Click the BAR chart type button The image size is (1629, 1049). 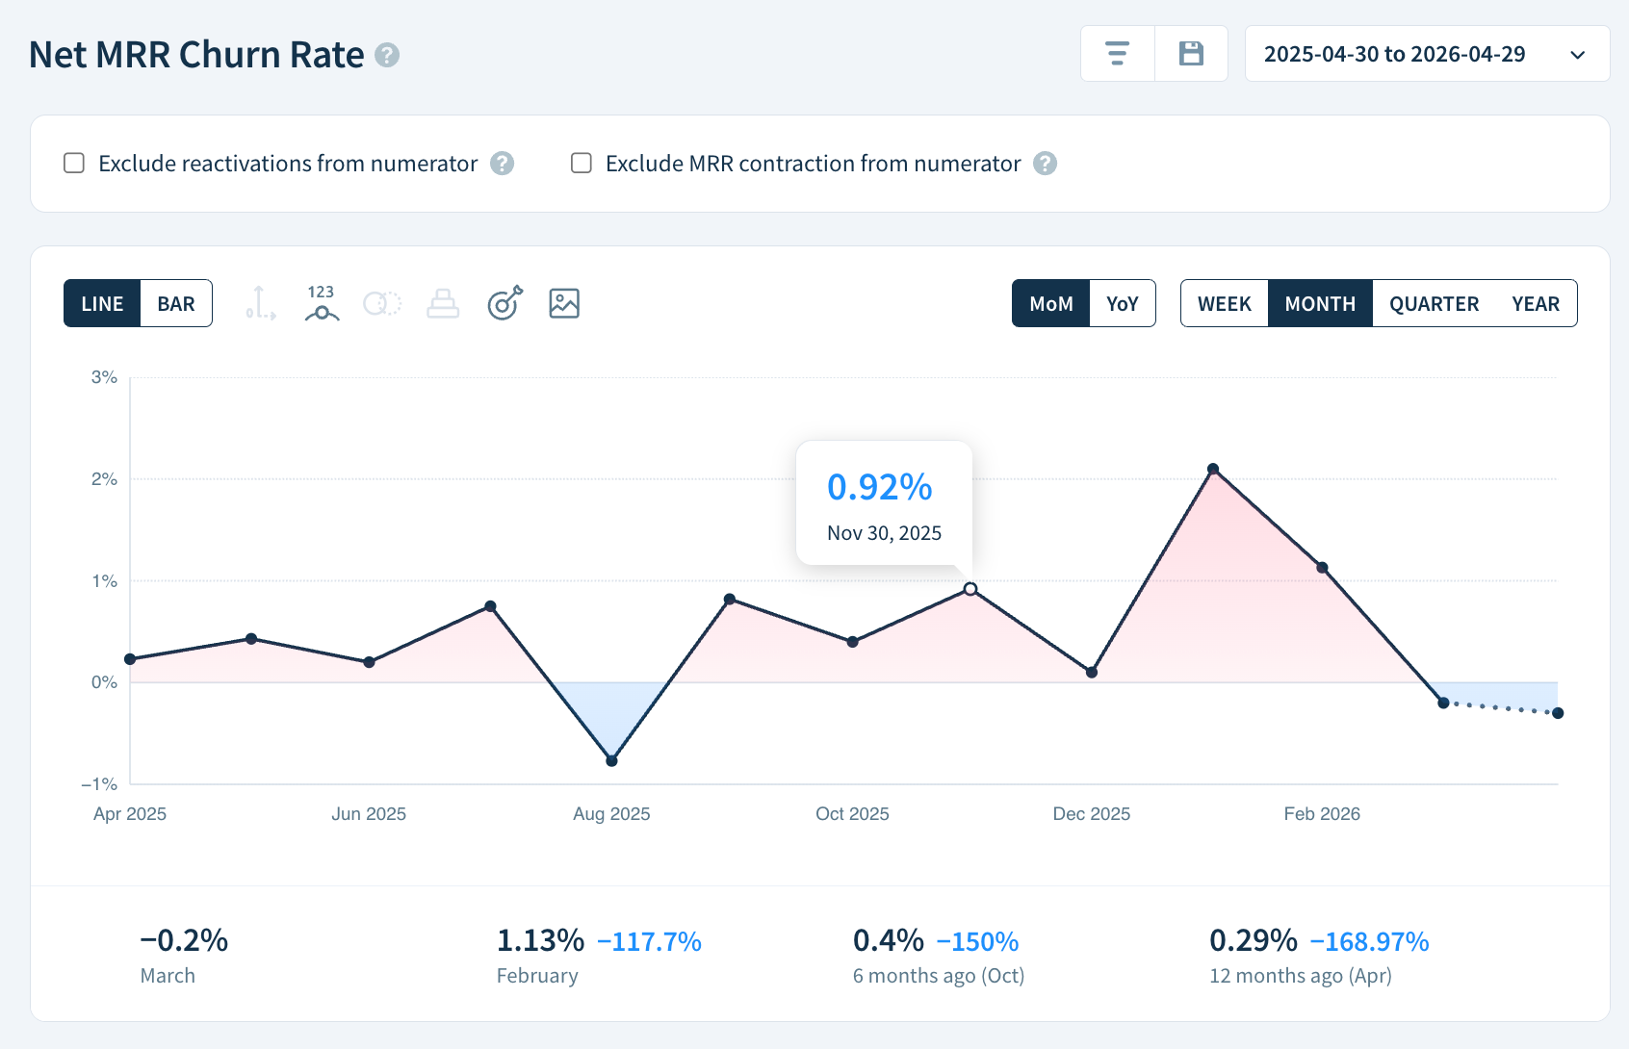pyautogui.click(x=176, y=304)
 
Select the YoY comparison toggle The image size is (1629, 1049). pyautogui.click(x=1122, y=304)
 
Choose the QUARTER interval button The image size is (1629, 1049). pyautogui.click(x=1433, y=304)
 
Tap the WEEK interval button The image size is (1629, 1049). pyautogui.click(x=1224, y=304)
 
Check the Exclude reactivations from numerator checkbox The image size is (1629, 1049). pyautogui.click(x=74, y=163)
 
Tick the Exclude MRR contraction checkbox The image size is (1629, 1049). pyautogui.click(x=582, y=163)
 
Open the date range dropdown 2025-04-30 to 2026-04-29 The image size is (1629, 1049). pyautogui.click(x=1426, y=54)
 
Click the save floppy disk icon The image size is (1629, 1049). pyautogui.click(x=1191, y=54)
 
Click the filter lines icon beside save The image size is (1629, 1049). pyautogui.click(x=1117, y=54)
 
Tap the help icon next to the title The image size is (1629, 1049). pyautogui.click(x=387, y=55)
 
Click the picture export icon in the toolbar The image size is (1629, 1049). pyautogui.click(x=563, y=303)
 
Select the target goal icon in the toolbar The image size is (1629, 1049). pyautogui.click(x=504, y=303)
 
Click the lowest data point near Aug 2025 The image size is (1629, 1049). pyautogui.click(x=611, y=760)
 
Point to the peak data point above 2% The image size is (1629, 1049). pyautogui.click(x=1213, y=470)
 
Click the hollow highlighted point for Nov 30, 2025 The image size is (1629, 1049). pyautogui.click(x=970, y=589)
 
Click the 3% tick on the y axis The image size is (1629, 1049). pyautogui.click(x=104, y=377)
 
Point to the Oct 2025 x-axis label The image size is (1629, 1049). pyautogui.click(x=852, y=814)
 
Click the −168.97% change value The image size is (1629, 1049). pyautogui.click(x=1369, y=941)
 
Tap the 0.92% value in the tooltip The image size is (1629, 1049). pyautogui.click(x=879, y=487)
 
